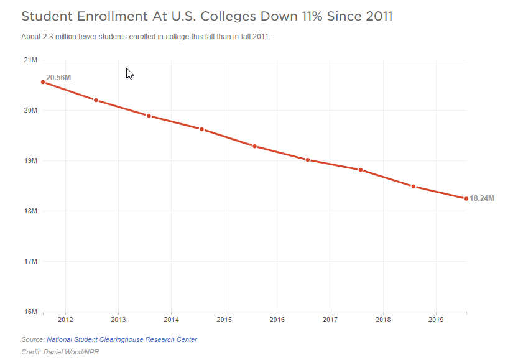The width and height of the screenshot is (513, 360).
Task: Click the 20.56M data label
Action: (58, 78)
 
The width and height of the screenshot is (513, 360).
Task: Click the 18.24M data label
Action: (482, 198)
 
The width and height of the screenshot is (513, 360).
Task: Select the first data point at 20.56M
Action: (43, 82)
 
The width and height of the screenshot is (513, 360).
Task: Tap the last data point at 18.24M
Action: (466, 198)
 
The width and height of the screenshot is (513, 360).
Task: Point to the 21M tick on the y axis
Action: (30, 60)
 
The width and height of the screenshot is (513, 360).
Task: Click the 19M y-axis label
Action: (30, 160)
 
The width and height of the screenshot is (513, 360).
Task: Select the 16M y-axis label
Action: (30, 312)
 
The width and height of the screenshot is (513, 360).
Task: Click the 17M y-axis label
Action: (30, 261)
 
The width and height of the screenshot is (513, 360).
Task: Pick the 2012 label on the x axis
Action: (65, 320)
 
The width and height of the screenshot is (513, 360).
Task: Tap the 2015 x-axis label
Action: (224, 320)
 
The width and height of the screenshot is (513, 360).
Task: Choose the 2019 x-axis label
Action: (436, 320)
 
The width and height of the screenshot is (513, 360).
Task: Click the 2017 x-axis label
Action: (330, 320)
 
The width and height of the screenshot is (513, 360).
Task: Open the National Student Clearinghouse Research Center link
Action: (122, 339)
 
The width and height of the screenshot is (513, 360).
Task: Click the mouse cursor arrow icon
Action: (129, 73)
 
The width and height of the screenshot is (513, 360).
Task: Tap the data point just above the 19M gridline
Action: (308, 160)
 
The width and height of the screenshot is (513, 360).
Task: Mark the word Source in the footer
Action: (32, 339)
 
